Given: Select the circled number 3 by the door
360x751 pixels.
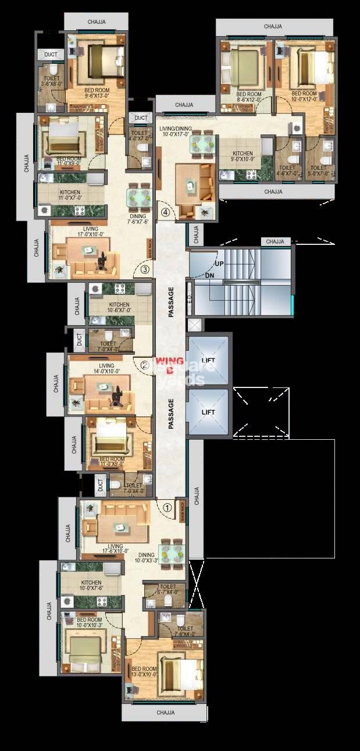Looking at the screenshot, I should tap(145, 269).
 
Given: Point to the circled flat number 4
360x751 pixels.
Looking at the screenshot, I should tap(166, 212).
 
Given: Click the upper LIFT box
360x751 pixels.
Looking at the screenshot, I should tap(208, 361).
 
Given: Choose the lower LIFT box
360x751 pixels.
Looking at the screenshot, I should tap(208, 412).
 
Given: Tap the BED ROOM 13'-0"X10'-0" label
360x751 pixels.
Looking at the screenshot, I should tap(143, 672).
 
